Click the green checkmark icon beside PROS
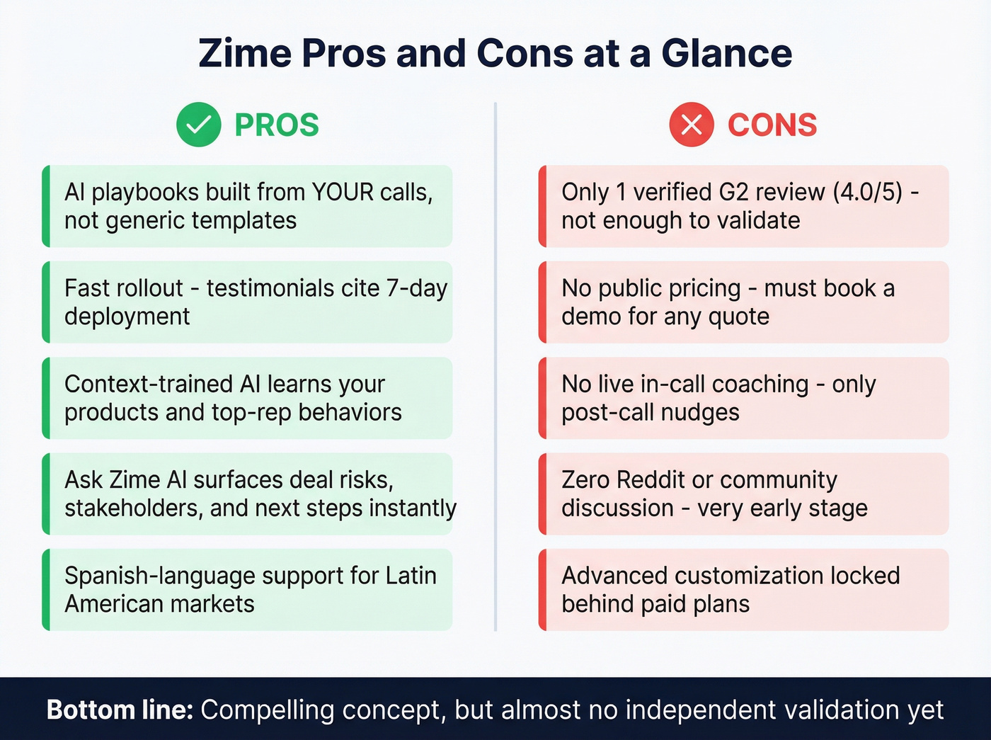199,125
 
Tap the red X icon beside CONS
692,125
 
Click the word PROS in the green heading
277,125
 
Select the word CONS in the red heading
772,125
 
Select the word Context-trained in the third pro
149,384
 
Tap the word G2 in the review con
734,192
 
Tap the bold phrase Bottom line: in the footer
120,710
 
